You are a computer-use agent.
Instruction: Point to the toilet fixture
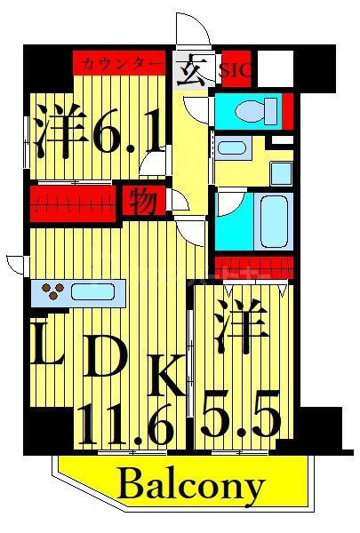(x=252, y=112)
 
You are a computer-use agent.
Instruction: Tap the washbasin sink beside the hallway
(x=233, y=147)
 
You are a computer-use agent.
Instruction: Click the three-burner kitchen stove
(x=52, y=290)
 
